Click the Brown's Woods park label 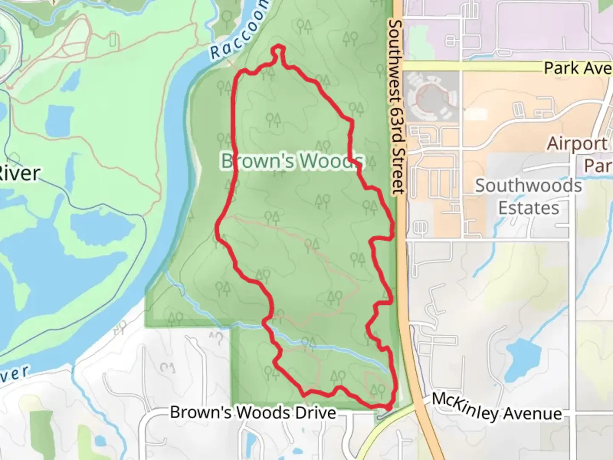click(x=292, y=161)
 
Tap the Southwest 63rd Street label click(x=396, y=106)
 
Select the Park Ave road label click(x=577, y=68)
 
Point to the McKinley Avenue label click(x=496, y=408)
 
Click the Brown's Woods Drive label click(x=253, y=412)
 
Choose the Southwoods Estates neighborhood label click(x=528, y=197)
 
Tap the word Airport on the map click(x=577, y=144)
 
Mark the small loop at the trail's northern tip click(x=278, y=51)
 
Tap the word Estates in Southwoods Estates click(x=528, y=208)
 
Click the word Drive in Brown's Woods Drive click(x=317, y=412)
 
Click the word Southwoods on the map click(x=528, y=186)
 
